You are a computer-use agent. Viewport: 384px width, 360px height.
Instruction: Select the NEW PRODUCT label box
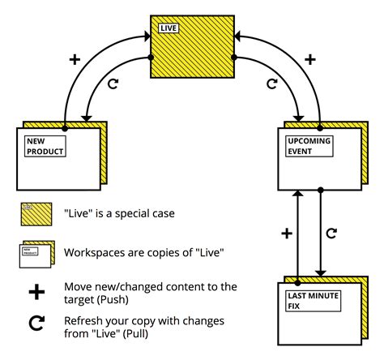click(x=44, y=146)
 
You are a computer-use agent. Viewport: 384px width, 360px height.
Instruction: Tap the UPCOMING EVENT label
click(x=309, y=146)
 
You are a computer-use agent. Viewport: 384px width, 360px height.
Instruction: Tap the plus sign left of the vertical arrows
click(x=286, y=234)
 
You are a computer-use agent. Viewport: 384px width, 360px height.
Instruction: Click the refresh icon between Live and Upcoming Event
click(x=272, y=84)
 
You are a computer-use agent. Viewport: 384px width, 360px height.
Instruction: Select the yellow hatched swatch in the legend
click(x=36, y=215)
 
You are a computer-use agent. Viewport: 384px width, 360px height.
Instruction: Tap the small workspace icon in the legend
click(x=36, y=253)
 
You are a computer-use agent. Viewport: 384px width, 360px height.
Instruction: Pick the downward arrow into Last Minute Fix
click(x=322, y=235)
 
